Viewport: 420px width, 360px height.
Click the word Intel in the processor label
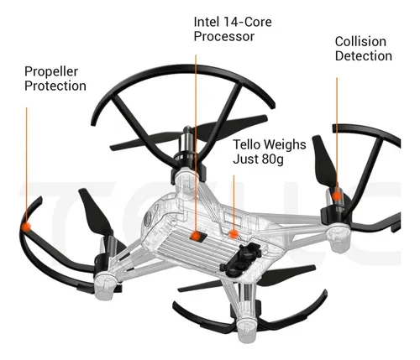coord(207,22)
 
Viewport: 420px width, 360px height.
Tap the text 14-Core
coord(248,22)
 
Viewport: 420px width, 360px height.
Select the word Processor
coord(224,37)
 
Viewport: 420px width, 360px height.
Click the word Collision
coord(360,41)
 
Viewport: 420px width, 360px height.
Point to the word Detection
coord(364,56)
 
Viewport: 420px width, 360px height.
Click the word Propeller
coord(51,72)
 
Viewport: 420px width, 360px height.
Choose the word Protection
coord(55,86)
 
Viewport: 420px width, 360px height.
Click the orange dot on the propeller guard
coord(27,227)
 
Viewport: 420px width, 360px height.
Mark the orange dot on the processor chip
coord(196,237)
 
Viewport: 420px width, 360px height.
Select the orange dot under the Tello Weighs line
coord(234,234)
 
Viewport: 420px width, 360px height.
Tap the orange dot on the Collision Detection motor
coord(337,195)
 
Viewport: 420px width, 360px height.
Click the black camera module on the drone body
coord(241,258)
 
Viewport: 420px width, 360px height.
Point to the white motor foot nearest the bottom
coord(249,331)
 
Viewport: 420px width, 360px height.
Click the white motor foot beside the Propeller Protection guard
coord(105,287)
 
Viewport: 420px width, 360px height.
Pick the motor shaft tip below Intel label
coord(187,130)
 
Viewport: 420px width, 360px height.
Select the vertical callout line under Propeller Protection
coord(27,164)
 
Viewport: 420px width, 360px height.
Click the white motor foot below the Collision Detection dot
coord(339,238)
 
